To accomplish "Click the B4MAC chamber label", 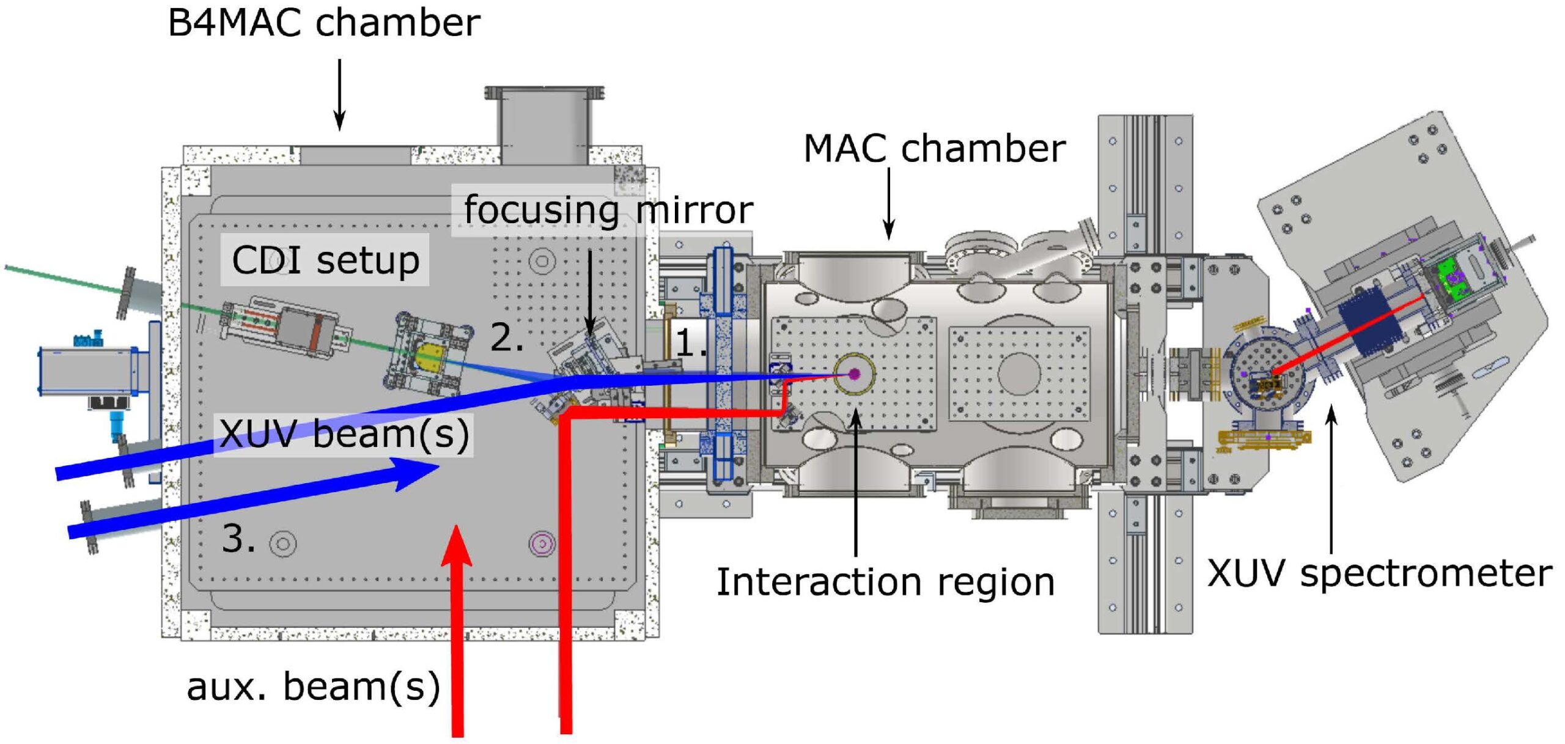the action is tap(324, 23).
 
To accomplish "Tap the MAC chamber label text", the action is tap(935, 149).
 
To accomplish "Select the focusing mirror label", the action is tap(608, 210).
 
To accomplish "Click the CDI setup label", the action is tap(325, 260).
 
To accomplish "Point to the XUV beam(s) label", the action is tap(344, 434).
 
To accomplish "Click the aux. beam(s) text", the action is tap(314, 687).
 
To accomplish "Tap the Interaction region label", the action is tap(886, 581).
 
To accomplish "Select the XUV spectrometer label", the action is tap(1380, 574).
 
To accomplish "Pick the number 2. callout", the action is tap(507, 337).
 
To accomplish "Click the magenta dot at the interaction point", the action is tap(855, 374).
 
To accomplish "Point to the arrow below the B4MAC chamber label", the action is tap(339, 95).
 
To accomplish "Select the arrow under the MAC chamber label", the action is tap(889, 204).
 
